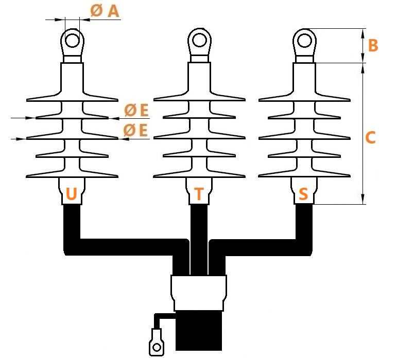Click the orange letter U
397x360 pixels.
click(71, 194)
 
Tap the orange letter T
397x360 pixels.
click(199, 194)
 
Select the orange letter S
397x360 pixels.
click(303, 194)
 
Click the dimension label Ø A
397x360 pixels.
click(105, 11)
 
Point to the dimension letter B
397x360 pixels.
click(373, 45)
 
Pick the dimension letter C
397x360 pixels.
click(370, 137)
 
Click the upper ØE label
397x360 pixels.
click(136, 110)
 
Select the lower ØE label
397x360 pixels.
click(135, 131)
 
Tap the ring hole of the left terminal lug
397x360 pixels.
click(72, 41)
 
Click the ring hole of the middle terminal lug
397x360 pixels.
click(199, 40)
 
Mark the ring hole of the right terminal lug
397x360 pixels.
click(304, 41)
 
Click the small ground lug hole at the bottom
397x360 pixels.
click(157, 347)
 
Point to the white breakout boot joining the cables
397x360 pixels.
click(199, 293)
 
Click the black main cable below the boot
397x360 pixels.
click(199, 330)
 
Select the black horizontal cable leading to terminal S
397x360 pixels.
click(261, 247)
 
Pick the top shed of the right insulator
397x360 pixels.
click(304, 97)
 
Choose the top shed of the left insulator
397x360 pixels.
click(72, 97)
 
